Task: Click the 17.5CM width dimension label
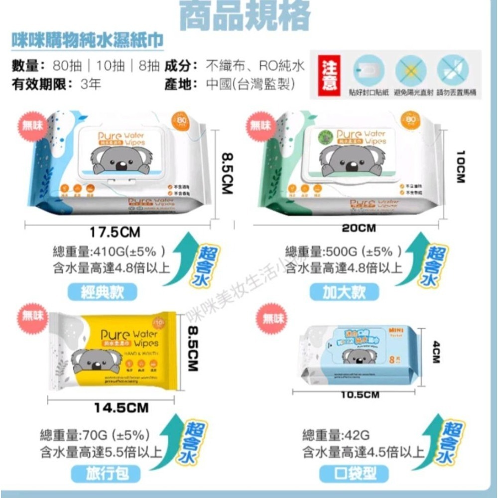tap(115, 232)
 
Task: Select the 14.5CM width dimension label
tap(122, 408)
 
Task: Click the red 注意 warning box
tap(330, 75)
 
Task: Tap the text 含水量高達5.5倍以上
tap(101, 452)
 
